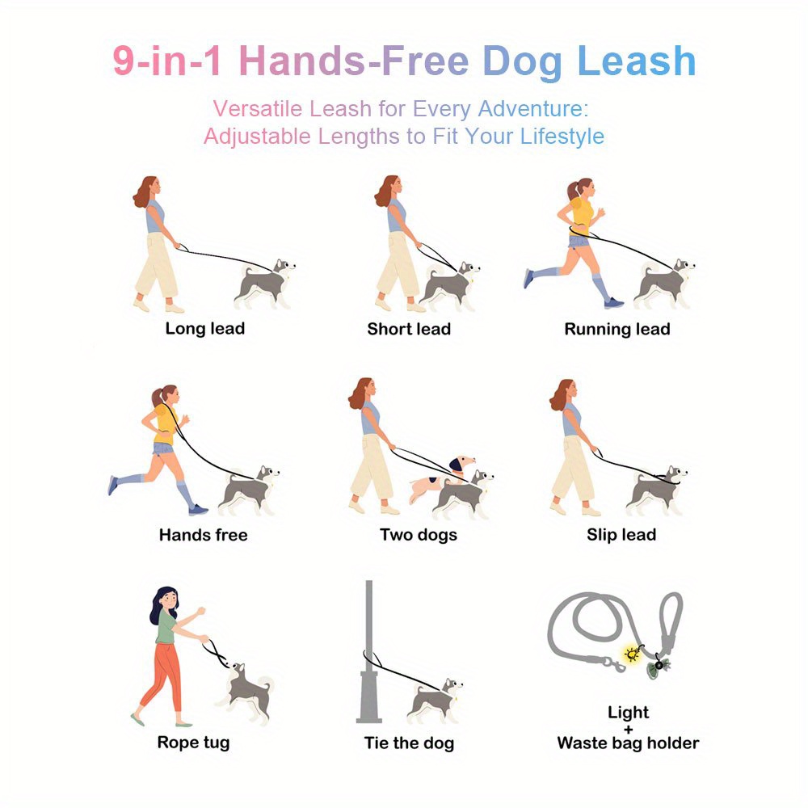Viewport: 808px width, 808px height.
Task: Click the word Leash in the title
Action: (x=637, y=61)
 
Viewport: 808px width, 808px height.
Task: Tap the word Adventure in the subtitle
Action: (x=532, y=109)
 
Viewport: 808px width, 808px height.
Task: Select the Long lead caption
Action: (x=204, y=329)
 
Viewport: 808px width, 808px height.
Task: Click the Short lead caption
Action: (x=409, y=329)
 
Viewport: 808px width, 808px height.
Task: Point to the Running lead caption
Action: (x=617, y=329)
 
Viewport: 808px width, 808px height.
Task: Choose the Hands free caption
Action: (x=203, y=535)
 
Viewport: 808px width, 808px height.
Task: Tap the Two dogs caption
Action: (x=419, y=535)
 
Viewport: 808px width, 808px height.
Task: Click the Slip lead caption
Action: (x=621, y=535)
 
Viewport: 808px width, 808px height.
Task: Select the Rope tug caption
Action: (x=193, y=743)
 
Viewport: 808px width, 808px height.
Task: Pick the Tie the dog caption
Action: (x=409, y=743)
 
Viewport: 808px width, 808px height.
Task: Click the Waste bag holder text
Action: (x=628, y=743)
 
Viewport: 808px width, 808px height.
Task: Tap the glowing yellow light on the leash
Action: (x=632, y=655)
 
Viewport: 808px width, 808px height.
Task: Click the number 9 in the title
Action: (x=124, y=61)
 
